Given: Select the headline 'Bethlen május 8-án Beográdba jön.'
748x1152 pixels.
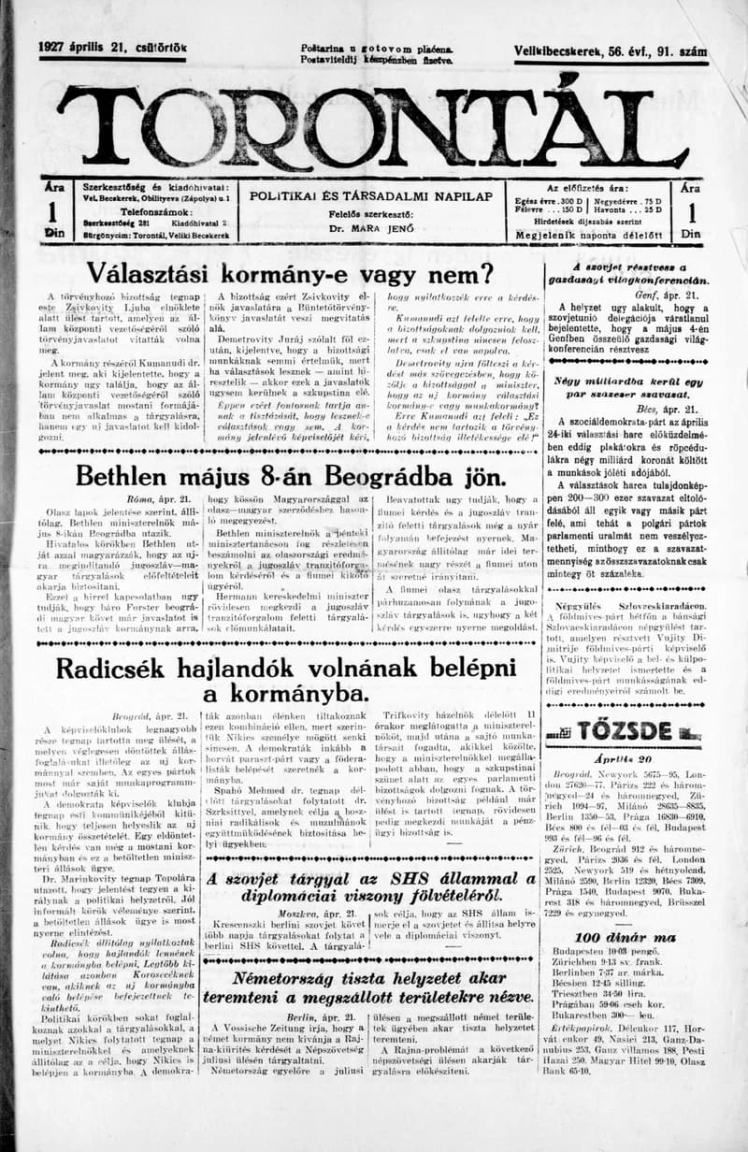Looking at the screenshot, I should click(290, 476).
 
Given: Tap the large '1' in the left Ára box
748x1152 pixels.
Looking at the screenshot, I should click(53, 213).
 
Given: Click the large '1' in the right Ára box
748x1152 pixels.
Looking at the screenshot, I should click(690, 213).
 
